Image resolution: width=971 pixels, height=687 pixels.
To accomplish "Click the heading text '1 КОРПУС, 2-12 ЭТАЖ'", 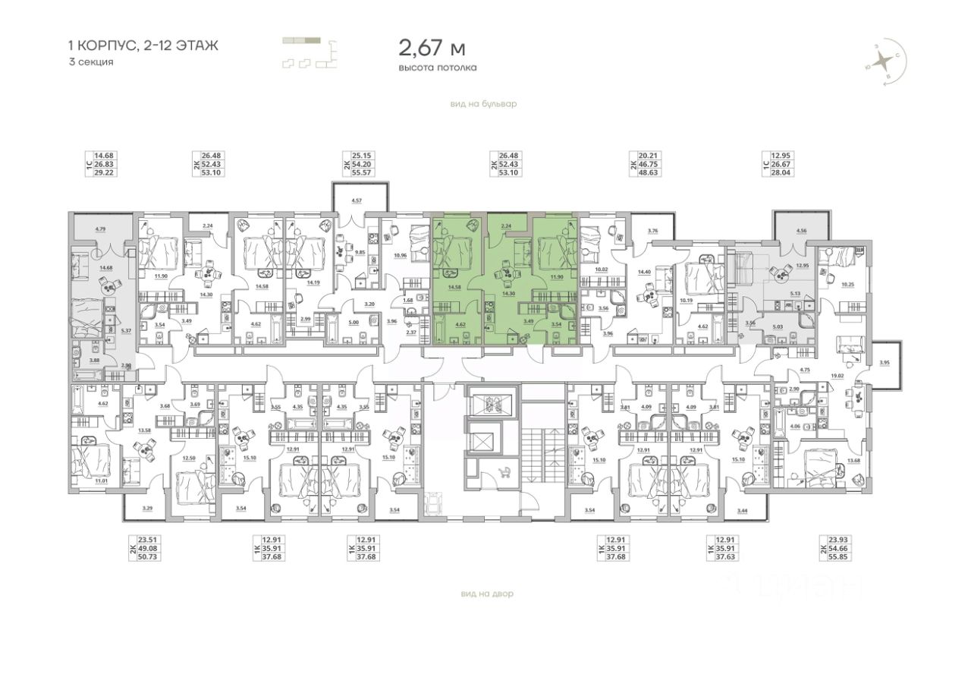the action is pyautogui.click(x=143, y=46).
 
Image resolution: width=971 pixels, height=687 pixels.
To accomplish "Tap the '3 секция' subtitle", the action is pyautogui.click(x=90, y=62).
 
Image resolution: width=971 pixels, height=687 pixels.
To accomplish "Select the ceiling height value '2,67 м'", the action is pyautogui.click(x=432, y=49).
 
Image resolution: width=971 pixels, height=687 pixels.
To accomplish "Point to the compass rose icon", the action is pyautogui.click(x=883, y=64).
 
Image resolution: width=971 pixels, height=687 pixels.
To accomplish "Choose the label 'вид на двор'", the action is pyautogui.click(x=486, y=594).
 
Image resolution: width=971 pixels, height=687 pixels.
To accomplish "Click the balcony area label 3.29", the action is pyautogui.click(x=148, y=506).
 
